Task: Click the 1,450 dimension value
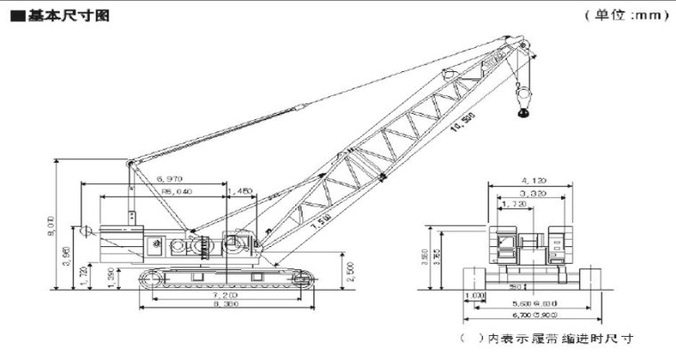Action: point(241,191)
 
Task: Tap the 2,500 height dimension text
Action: point(353,268)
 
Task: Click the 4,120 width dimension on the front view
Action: point(532,179)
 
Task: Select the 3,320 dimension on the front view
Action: point(532,192)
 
